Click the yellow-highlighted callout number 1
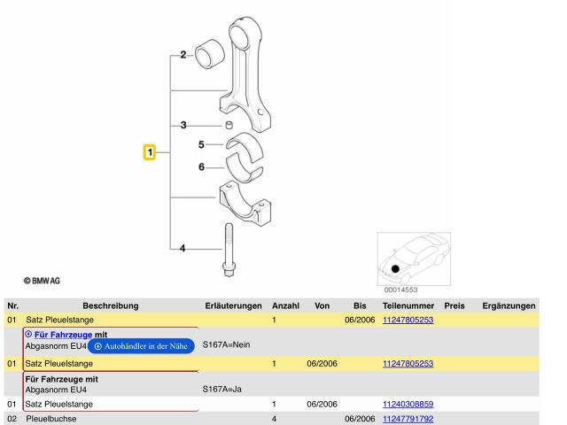click(x=150, y=152)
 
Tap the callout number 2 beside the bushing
click(x=183, y=55)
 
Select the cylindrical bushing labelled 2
click(x=210, y=54)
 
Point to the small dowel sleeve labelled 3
click(x=229, y=125)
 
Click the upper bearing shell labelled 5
click(x=245, y=142)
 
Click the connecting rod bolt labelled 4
click(x=229, y=250)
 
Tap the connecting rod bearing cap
click(x=245, y=204)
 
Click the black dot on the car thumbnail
click(x=395, y=269)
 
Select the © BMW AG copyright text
click(x=42, y=281)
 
